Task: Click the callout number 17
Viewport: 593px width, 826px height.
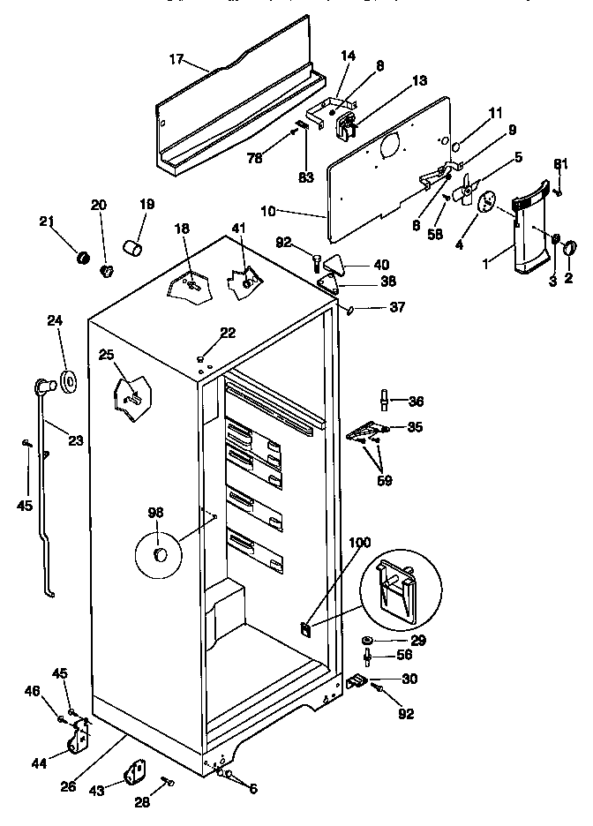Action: coord(176,61)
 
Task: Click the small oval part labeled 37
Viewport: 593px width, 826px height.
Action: coord(350,310)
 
